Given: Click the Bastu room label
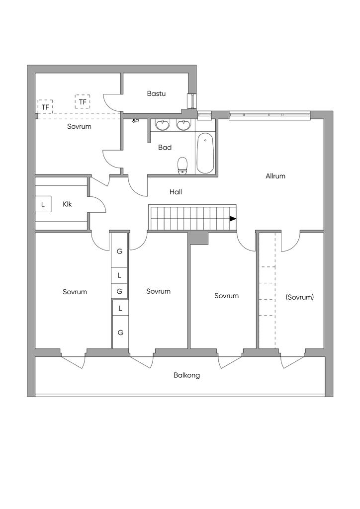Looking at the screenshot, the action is pos(156,93).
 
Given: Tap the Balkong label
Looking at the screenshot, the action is pos(186,375).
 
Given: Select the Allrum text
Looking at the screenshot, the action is pos(275,176).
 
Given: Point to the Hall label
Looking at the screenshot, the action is pos(176,192).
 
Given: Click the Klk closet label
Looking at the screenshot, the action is pos(67,204).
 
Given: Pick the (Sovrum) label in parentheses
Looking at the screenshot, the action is pos(300,297).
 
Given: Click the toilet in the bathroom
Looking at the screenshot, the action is pos(183,166).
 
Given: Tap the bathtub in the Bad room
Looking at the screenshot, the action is pos(205,153).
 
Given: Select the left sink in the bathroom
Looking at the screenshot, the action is pos(162,125).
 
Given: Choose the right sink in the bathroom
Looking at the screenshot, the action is pos(183,125).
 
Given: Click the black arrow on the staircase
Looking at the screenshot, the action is pos(233,219).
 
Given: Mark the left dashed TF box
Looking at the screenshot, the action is pos(45,106).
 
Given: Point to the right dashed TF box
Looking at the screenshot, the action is pos(83,102).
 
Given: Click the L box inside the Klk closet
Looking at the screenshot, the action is pos(43,204).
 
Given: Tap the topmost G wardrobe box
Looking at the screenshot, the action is pos(119,251).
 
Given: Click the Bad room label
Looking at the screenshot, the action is pos(165,147).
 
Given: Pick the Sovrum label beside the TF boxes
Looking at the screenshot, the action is pos(79,126).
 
